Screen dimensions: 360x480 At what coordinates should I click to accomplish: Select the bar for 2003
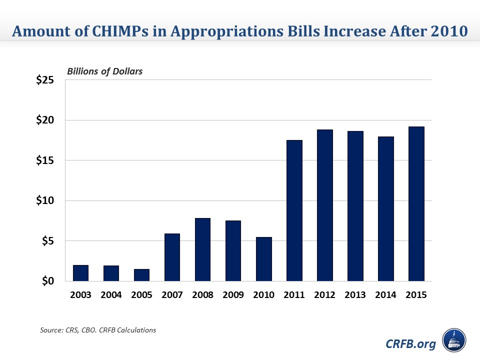[81, 273]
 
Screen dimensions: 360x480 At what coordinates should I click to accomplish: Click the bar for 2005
[141, 275]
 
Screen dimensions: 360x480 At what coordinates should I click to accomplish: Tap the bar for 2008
[202, 249]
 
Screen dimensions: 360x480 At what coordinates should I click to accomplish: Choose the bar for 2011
[294, 210]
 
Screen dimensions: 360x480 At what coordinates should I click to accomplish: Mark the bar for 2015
[416, 204]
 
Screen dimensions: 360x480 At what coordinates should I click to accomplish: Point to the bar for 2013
[355, 206]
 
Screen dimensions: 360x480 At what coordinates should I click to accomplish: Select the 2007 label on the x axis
[172, 295]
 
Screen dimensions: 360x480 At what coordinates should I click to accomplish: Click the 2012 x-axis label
[324, 295]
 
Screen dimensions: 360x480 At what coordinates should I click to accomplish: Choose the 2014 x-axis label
[385, 295]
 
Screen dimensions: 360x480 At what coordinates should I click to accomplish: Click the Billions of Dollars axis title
[104, 71]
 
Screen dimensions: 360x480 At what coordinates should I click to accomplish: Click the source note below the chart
[97, 330]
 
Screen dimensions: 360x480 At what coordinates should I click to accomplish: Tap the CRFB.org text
[411, 343]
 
